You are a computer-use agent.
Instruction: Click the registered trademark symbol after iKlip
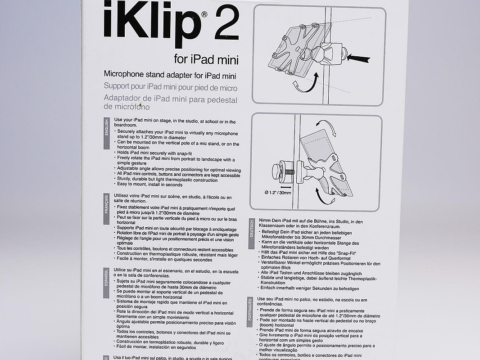204,14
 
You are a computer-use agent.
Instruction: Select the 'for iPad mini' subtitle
206,59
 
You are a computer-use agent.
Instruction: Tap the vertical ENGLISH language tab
107,133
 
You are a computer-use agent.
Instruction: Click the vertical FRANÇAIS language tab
107,209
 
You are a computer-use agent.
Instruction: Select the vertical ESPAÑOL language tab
106,283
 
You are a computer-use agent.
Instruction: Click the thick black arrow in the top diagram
358,58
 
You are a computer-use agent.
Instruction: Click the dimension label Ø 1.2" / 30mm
278,193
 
